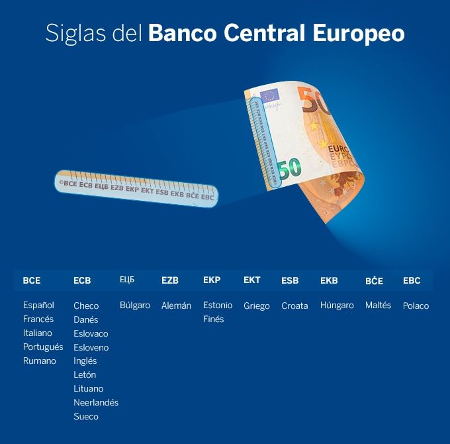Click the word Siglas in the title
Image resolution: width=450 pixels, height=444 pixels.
tap(75, 34)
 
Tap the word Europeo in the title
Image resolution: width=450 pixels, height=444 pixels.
tap(359, 34)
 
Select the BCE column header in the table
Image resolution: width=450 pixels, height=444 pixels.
tap(32, 280)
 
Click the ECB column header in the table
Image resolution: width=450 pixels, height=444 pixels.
tap(82, 280)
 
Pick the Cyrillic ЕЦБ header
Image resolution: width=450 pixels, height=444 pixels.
tap(127, 280)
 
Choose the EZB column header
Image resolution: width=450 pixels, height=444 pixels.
tap(170, 280)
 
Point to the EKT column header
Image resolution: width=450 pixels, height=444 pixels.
tap(252, 280)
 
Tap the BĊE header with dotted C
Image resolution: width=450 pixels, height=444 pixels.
tap(375, 280)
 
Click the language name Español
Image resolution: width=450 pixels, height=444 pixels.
tap(38, 305)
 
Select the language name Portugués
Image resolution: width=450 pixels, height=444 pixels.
tap(43, 347)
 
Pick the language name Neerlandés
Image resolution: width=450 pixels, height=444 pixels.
tap(96, 403)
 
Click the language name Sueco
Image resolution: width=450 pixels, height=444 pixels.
tap(86, 417)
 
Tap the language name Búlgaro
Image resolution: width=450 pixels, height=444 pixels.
tap(135, 305)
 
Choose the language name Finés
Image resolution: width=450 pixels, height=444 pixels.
tap(213, 319)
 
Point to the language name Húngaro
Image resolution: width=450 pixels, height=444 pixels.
tap(337, 305)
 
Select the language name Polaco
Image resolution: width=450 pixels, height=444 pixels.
tap(416, 305)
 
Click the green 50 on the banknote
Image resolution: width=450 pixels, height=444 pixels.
tap(290, 168)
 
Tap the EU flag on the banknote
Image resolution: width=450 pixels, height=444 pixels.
tap(270, 95)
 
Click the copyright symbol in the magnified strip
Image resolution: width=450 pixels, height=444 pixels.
tap(61, 182)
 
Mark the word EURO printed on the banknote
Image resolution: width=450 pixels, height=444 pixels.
tap(339, 149)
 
